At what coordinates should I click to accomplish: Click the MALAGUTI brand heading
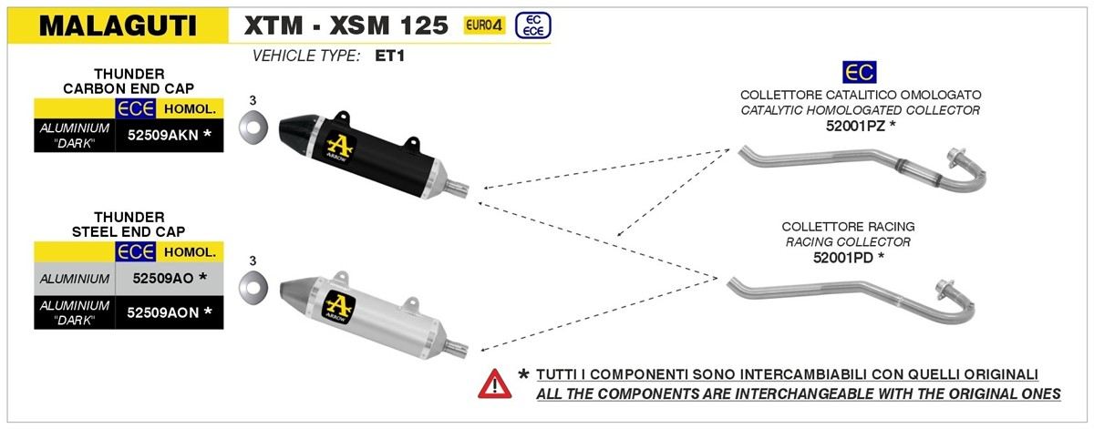click(x=118, y=26)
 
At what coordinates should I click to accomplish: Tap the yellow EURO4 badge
click(x=484, y=25)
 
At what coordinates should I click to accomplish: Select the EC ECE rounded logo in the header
click(x=532, y=26)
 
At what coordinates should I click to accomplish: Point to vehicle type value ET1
click(x=390, y=56)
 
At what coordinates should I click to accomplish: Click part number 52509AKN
click(x=162, y=135)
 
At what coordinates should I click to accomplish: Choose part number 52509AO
click(x=163, y=278)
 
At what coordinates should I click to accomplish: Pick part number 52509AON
click(x=162, y=312)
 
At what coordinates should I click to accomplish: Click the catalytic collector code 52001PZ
click(x=855, y=126)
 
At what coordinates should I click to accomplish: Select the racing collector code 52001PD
click(x=842, y=258)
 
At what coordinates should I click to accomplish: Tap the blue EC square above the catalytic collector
click(x=860, y=72)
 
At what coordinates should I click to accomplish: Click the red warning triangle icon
click(x=495, y=384)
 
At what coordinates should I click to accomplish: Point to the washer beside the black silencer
click(x=253, y=127)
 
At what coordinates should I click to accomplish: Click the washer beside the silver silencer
click(x=253, y=287)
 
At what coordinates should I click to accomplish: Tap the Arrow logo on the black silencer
click(x=339, y=148)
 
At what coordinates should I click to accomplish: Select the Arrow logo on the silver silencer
click(x=339, y=307)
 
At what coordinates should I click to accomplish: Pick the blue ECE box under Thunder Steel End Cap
click(x=135, y=251)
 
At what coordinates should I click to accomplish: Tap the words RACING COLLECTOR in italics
click(x=849, y=242)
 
